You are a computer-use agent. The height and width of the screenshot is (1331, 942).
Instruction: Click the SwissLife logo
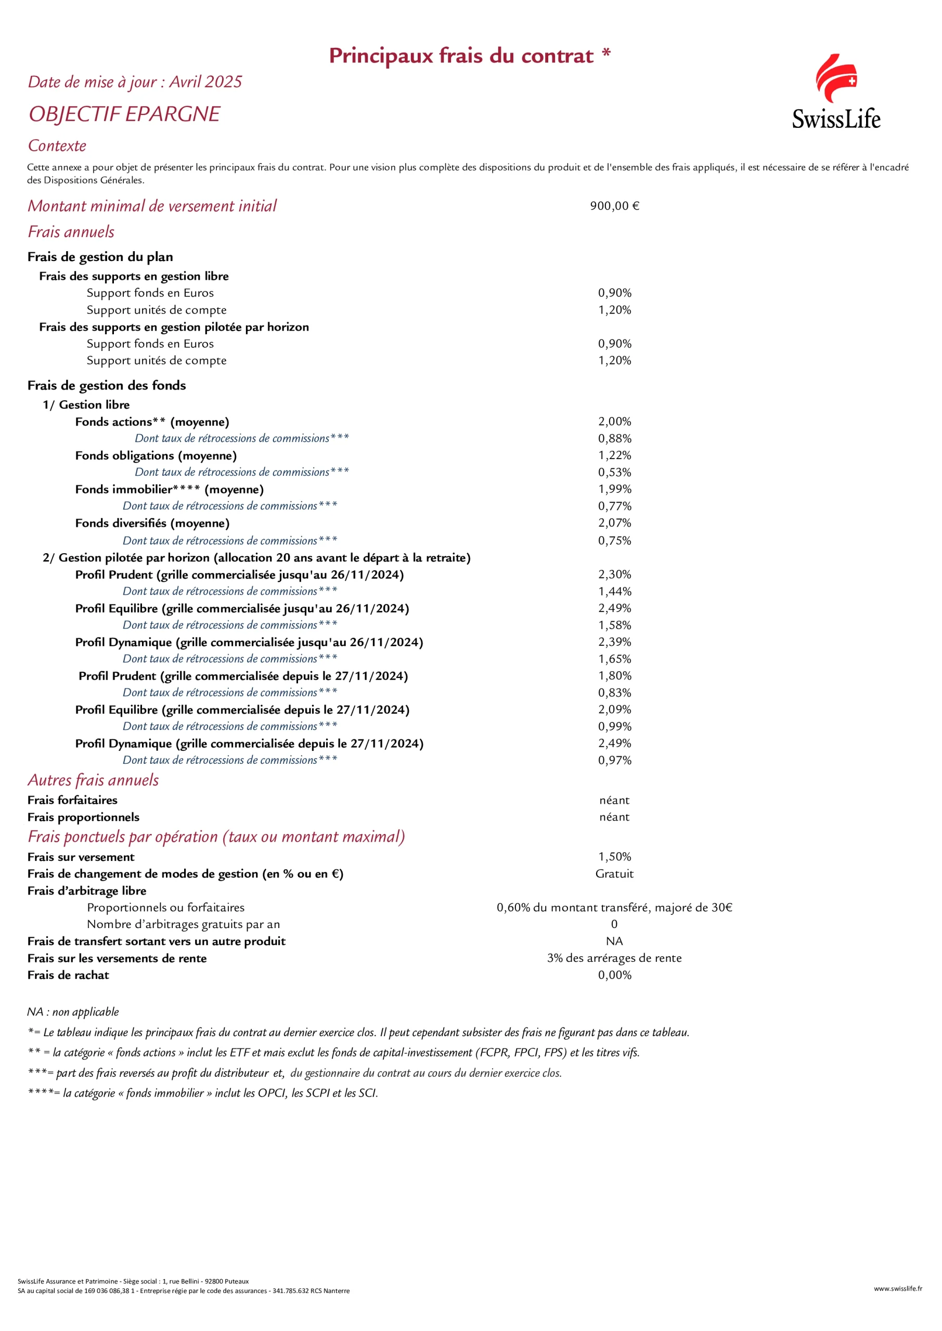pos(836,92)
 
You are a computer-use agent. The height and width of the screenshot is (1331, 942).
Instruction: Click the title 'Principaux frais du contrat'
pos(461,56)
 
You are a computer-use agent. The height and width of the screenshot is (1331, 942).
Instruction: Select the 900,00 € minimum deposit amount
pos(614,206)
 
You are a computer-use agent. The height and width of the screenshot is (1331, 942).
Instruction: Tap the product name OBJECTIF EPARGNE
pos(124,114)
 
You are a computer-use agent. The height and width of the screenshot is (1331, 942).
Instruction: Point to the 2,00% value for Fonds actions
pos(614,422)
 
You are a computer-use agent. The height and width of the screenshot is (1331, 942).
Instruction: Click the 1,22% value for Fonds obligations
pos(614,455)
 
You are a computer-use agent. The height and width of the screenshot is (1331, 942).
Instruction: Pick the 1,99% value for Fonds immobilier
pos(614,489)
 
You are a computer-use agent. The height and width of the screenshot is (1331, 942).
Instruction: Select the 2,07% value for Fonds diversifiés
pos(614,523)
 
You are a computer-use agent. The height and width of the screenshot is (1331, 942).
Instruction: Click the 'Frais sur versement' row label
pos(81,857)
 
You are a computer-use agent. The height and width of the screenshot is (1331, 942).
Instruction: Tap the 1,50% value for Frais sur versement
pos(614,857)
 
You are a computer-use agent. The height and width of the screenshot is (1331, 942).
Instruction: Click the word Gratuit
pos(614,873)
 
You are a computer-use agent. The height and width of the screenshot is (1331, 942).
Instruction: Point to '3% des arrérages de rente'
pos(614,958)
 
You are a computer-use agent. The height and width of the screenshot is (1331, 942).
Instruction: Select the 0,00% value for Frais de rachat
pos(614,975)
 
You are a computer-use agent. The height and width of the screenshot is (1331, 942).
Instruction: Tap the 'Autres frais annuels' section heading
pos(93,780)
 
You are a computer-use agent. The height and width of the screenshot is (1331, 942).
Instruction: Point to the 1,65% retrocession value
pos(614,659)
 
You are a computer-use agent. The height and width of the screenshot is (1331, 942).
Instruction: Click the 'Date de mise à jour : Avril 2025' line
pos(135,82)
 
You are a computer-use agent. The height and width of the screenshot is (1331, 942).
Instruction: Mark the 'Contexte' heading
pos(57,146)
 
